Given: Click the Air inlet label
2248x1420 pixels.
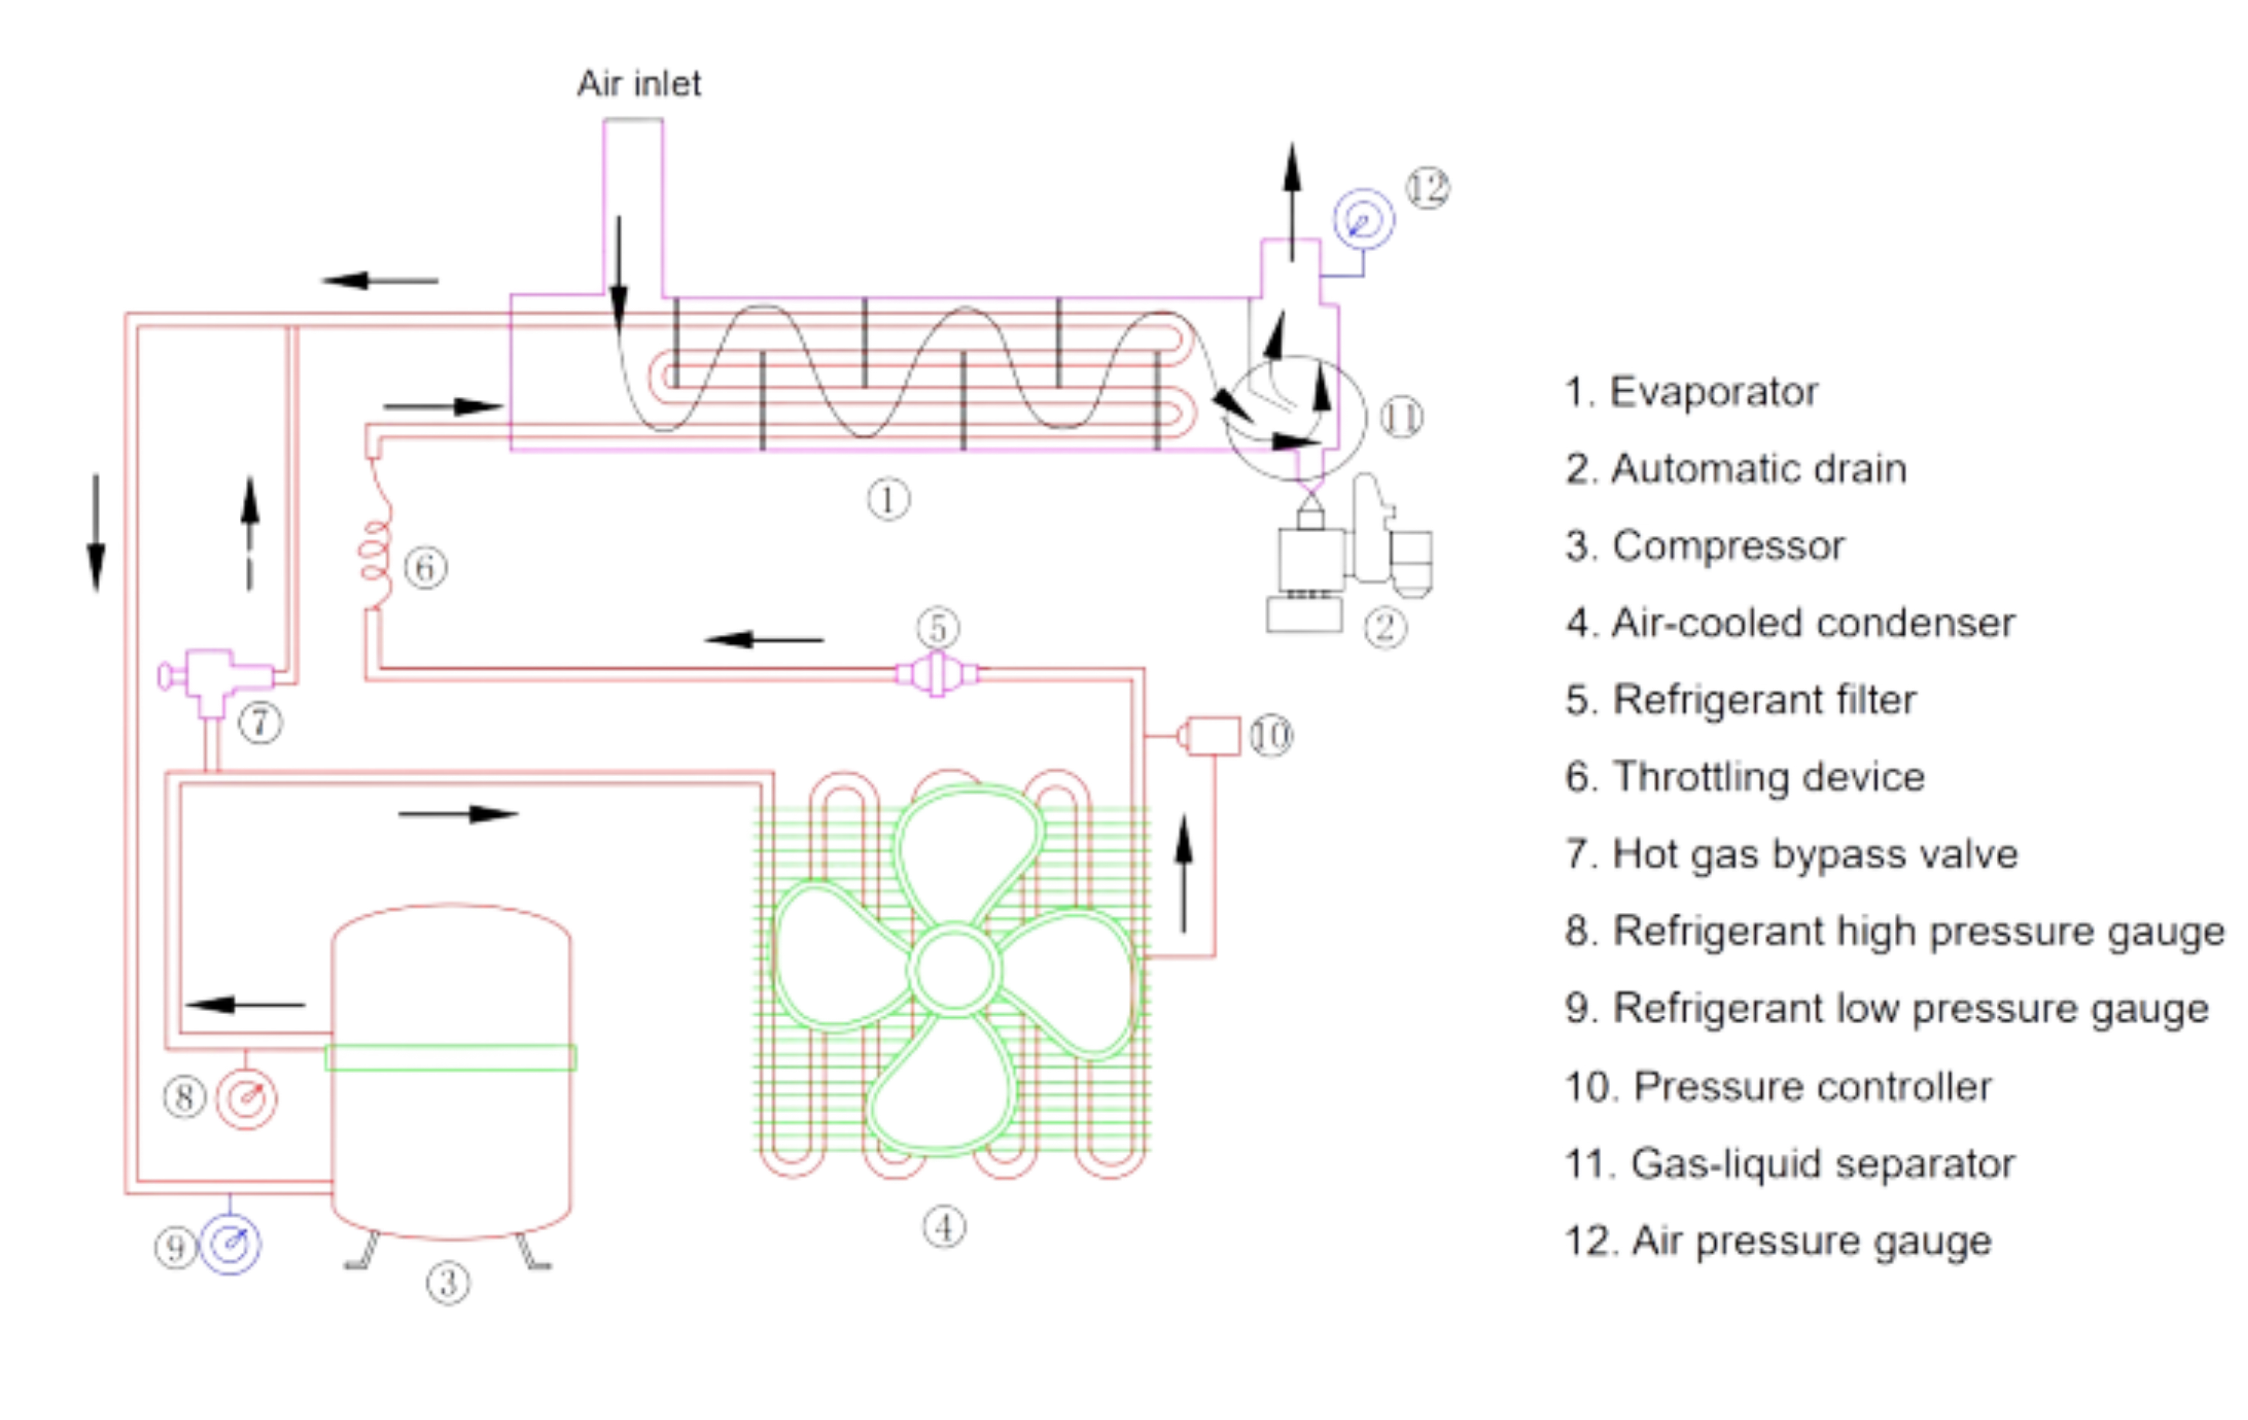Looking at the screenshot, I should [x=640, y=84].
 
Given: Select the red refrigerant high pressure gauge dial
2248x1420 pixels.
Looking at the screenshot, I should [x=246, y=1099].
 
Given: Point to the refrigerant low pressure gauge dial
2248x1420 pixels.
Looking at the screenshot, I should [x=231, y=1244].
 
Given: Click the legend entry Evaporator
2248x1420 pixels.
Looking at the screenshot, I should [x=1692, y=392].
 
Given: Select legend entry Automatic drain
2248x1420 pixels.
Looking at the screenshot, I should [x=1734, y=469].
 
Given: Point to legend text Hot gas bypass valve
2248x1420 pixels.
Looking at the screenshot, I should [x=1791, y=854].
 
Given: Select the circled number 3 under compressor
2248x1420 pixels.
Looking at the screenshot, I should [x=449, y=1284].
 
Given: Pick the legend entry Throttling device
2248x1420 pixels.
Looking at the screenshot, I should [x=1744, y=777].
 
